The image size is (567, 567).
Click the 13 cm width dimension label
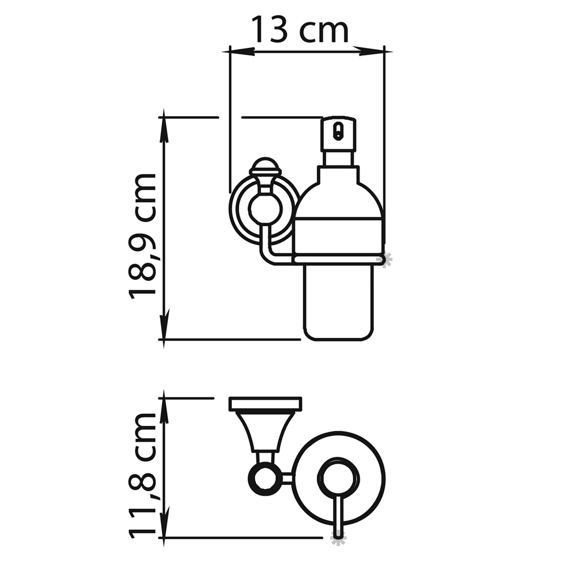pyautogui.click(x=299, y=29)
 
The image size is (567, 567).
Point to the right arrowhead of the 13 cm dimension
pyautogui.click(x=373, y=52)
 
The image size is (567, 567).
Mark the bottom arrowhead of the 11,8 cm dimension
pyautogui.click(x=164, y=528)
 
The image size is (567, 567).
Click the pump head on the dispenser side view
pyautogui.click(x=339, y=133)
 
